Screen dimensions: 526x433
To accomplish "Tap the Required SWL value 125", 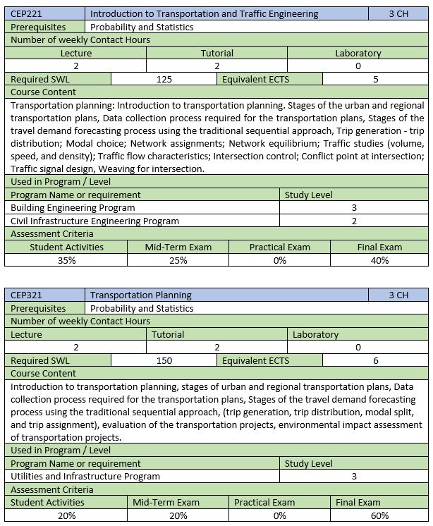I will click(164, 79).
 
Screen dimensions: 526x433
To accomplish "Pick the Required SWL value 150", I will click(164, 360).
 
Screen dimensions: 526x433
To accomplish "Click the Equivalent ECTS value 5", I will click(376, 79).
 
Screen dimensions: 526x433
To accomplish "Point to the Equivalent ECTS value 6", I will click(376, 360).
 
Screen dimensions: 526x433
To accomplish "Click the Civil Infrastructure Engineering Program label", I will click(95, 221).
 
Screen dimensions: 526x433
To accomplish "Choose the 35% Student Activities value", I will click(66, 260).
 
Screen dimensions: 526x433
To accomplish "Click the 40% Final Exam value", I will click(379, 260).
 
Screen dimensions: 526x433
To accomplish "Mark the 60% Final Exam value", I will click(379, 515).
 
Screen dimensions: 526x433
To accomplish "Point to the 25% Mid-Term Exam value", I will click(178, 260).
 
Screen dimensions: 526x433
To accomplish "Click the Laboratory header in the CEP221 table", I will click(358, 53).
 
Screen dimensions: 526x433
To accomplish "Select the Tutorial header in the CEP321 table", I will click(168, 334).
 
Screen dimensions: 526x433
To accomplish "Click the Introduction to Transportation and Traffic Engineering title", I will click(205, 13).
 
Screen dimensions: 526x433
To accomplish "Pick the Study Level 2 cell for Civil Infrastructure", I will click(354, 221).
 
